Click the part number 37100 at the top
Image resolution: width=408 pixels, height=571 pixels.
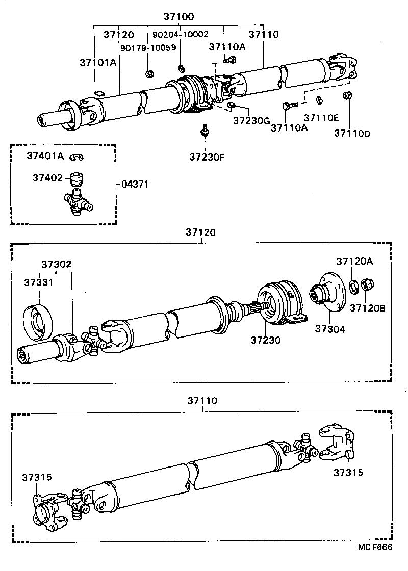pyautogui.click(x=178, y=16)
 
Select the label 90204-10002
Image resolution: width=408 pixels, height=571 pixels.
pyautogui.click(x=181, y=35)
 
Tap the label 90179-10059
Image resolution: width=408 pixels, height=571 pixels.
pyautogui.click(x=148, y=48)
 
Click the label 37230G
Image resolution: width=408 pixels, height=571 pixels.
pyautogui.click(x=251, y=121)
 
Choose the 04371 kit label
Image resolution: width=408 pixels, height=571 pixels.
pyautogui.click(x=135, y=184)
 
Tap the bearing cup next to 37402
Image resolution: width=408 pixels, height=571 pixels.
pyautogui.click(x=76, y=179)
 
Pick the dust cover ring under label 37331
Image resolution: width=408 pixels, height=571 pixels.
pyautogui.click(x=38, y=321)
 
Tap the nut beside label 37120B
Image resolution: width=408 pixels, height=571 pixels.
pyautogui.click(x=367, y=284)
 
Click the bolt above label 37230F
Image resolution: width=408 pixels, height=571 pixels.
pyautogui.click(x=205, y=131)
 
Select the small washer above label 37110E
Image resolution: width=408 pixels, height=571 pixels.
pyautogui.click(x=319, y=100)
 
